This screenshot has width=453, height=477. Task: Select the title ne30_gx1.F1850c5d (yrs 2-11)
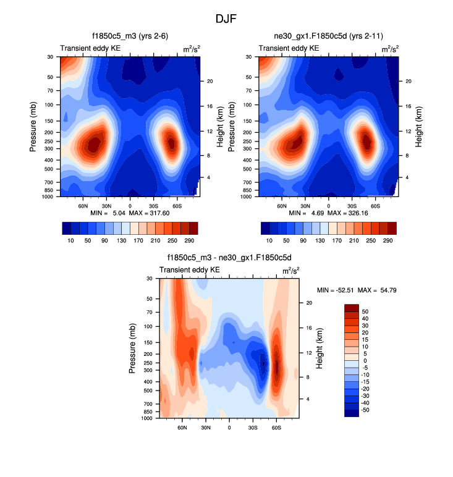[x=328, y=37]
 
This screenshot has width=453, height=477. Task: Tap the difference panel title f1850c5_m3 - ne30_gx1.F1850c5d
[x=229, y=259]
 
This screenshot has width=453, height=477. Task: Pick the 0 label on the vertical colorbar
[x=365, y=360]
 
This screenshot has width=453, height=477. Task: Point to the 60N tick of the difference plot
[x=182, y=426]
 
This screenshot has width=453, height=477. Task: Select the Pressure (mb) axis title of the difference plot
[x=132, y=349]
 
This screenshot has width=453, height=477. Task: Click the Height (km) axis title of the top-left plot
[x=221, y=127]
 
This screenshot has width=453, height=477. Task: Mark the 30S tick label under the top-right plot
[x=352, y=205]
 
